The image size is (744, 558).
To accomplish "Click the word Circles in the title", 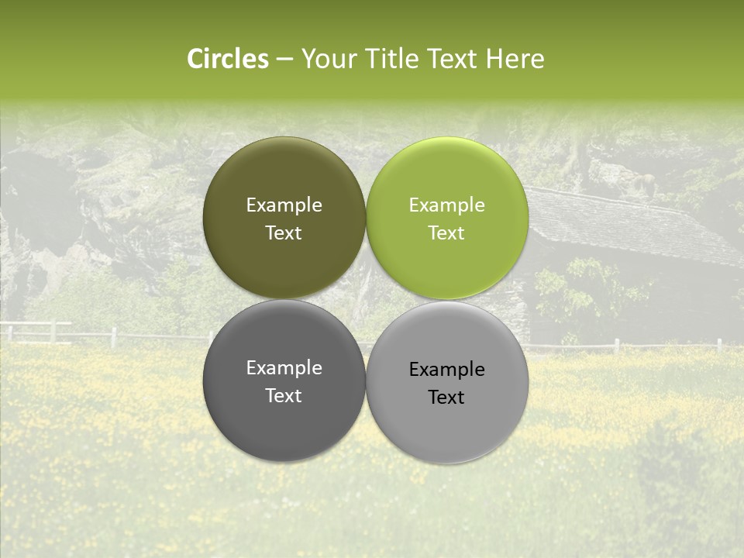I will [227, 59].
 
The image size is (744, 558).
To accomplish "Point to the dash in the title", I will [284, 60].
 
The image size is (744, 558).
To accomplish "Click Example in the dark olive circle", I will [284, 205].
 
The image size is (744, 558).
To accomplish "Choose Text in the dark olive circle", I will [284, 232].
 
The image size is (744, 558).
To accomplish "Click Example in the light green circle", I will [446, 205].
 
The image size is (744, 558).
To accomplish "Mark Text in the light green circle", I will [446, 232].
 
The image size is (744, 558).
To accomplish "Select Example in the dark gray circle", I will [284, 368].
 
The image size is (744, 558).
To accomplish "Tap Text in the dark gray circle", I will [284, 395].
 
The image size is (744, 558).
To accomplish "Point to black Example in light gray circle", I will [446, 370].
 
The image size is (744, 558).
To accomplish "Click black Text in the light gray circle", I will [446, 397].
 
